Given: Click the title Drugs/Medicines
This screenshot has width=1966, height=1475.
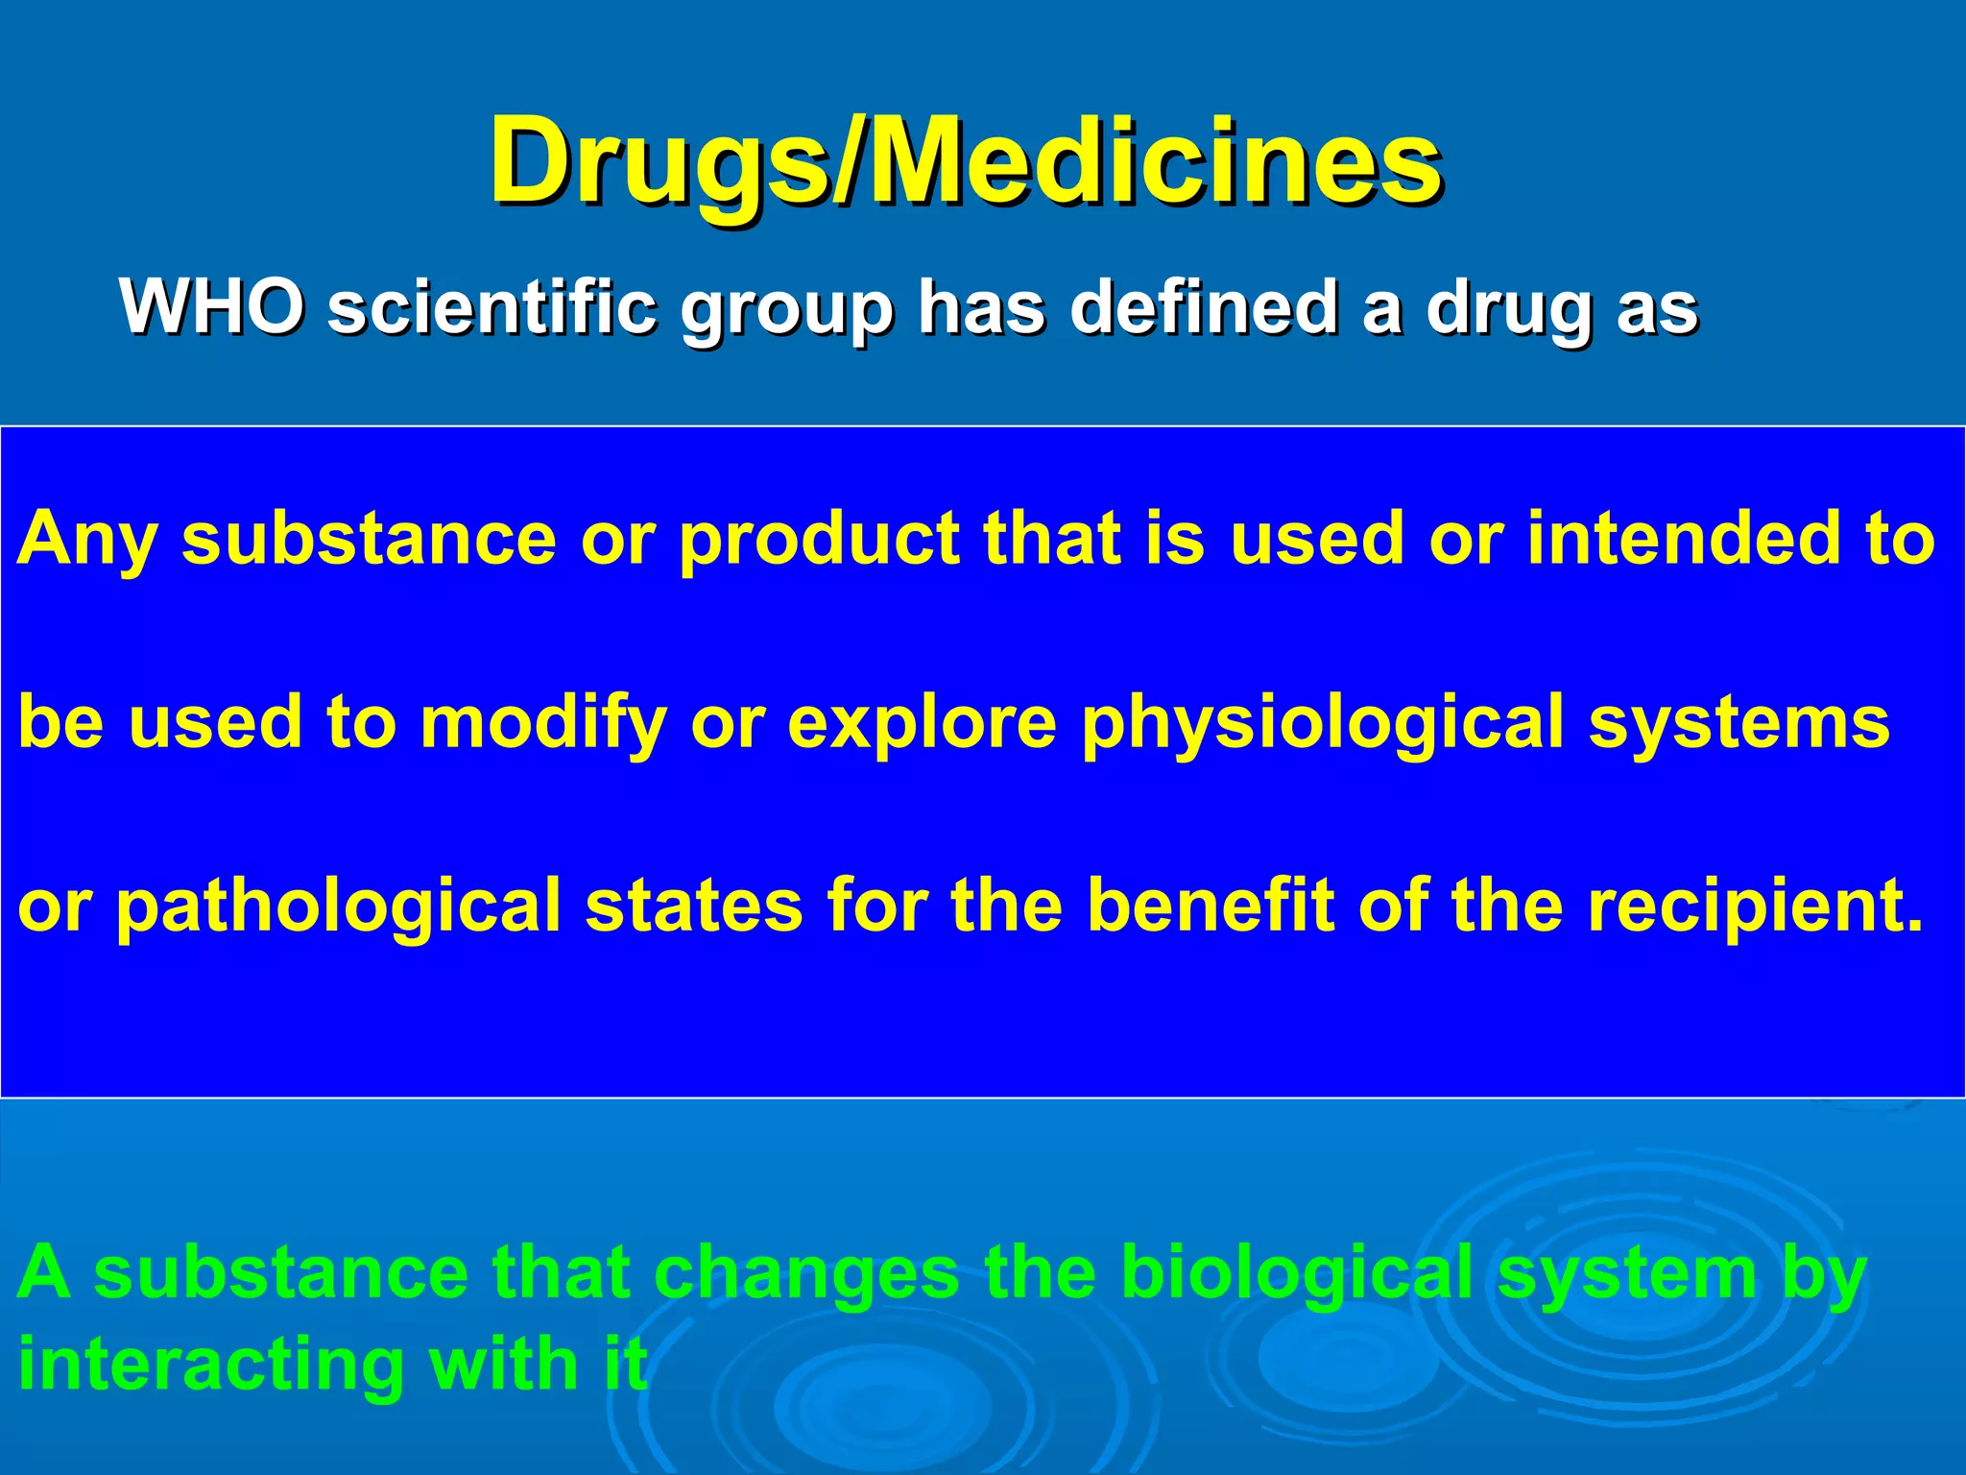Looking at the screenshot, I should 965,161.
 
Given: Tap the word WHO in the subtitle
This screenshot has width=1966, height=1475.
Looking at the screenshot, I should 212,307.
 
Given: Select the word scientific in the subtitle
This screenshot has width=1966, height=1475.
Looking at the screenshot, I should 492,307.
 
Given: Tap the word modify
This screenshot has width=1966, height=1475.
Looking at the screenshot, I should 543,724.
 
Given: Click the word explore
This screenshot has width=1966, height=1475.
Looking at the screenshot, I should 922,724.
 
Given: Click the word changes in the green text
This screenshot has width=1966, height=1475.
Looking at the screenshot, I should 805,1272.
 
